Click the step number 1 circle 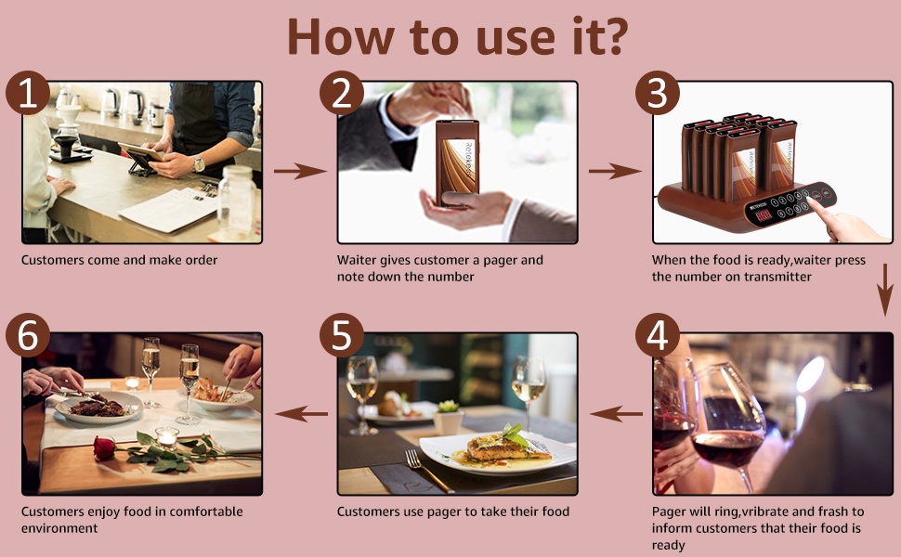[x=28, y=93]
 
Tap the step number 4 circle [x=658, y=335]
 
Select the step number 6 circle [x=28, y=335]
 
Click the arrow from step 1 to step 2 [x=299, y=171]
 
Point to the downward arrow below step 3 [x=885, y=290]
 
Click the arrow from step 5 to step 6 [x=301, y=413]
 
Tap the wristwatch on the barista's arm [x=198, y=164]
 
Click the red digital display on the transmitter [x=764, y=215]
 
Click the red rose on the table [x=104, y=447]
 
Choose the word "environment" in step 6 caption [x=59, y=528]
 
